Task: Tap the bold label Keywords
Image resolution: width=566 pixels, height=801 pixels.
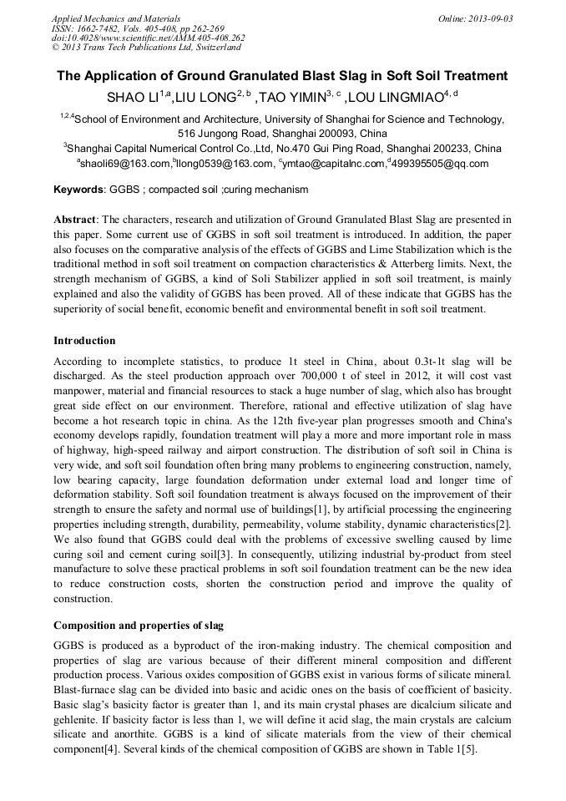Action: (79, 190)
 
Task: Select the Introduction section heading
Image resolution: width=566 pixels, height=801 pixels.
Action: (84, 341)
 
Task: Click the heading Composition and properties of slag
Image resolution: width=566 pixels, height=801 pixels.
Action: (138, 625)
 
